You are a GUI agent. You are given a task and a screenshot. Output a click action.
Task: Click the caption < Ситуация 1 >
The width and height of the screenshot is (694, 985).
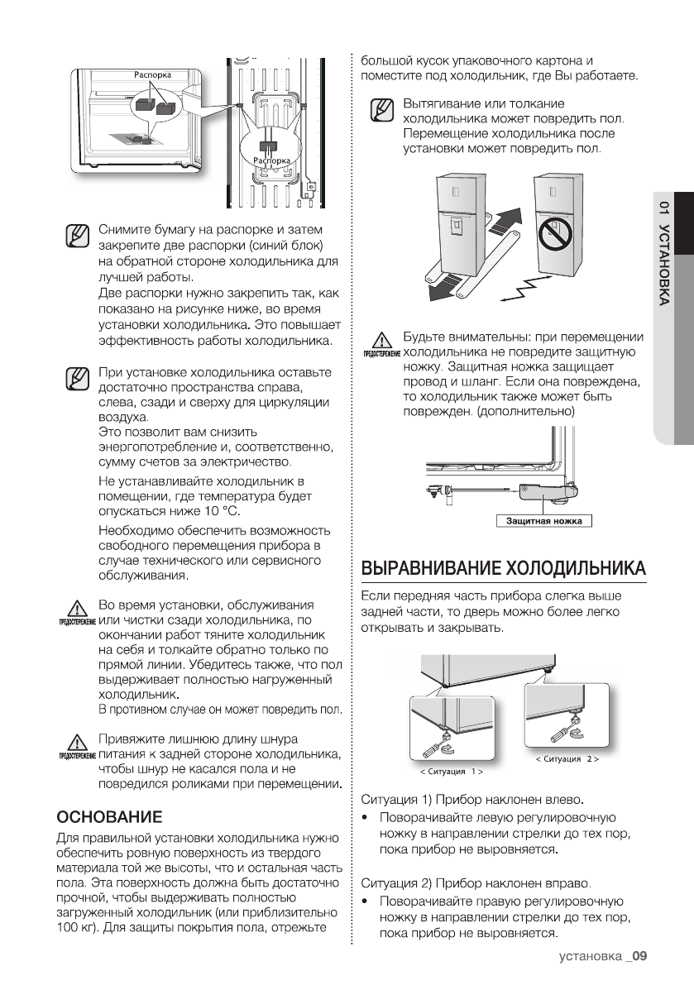pos(452,772)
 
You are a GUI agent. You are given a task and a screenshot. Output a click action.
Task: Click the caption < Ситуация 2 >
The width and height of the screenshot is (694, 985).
pos(567,758)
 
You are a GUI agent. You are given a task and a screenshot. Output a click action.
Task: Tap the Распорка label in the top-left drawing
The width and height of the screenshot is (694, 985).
pos(152,75)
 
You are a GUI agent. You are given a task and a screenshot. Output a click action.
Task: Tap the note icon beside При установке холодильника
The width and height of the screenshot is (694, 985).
pos(75,380)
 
